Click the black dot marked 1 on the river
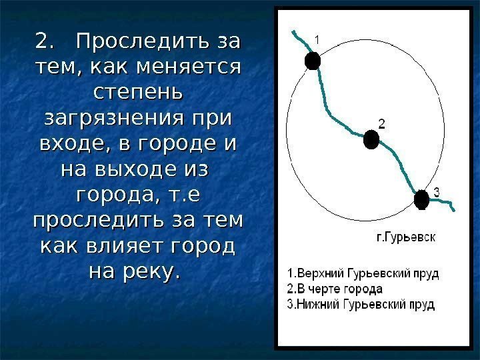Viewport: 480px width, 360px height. click(313, 61)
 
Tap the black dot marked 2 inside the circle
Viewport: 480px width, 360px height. click(371, 139)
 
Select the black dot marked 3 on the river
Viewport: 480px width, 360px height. click(421, 199)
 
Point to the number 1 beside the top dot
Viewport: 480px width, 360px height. click(317, 41)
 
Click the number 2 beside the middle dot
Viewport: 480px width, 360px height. click(381, 123)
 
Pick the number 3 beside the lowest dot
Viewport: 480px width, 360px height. click(436, 192)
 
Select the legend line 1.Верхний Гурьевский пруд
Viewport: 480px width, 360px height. click(363, 274)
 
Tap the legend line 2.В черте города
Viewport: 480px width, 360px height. click(335, 289)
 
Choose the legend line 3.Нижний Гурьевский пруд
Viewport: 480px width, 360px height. click(360, 305)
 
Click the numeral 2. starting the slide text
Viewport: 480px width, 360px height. click(44, 42)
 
